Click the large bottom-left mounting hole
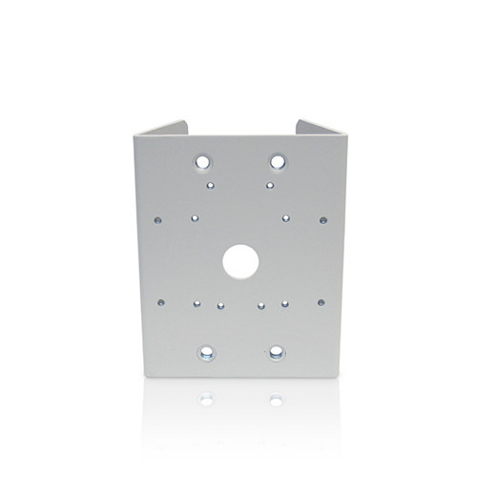pos(203,354)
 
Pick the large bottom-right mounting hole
pos(277,354)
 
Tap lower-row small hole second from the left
pos(196,305)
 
